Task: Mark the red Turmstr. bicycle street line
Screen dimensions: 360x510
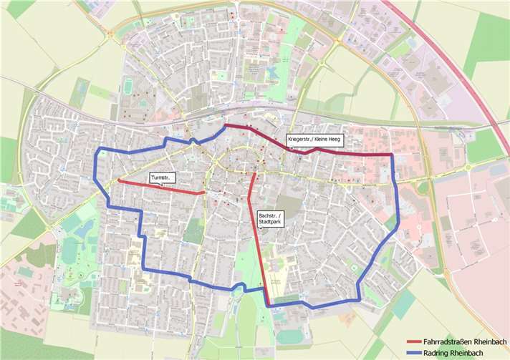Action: pos(161,188)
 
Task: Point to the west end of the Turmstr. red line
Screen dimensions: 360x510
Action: pos(118,180)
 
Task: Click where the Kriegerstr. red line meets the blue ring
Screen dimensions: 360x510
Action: pos(390,155)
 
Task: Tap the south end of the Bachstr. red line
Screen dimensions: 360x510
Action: pos(267,305)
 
